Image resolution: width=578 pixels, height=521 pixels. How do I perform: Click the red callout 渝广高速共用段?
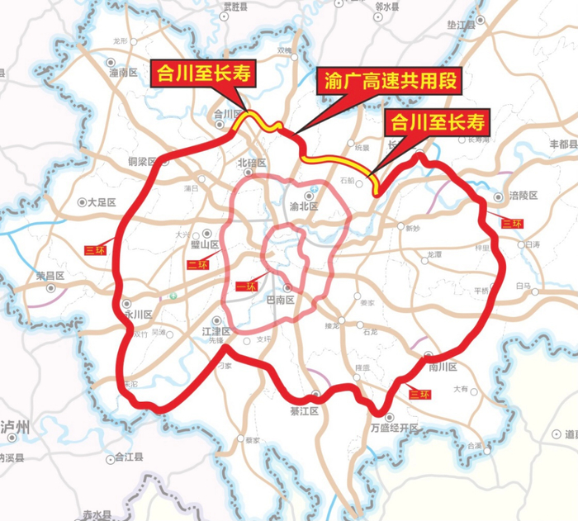(x=387, y=83)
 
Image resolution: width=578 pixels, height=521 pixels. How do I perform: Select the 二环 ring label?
(x=196, y=264)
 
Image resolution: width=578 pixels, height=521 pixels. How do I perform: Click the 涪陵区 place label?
(x=523, y=197)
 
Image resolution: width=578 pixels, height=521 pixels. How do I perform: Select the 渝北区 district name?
(x=304, y=206)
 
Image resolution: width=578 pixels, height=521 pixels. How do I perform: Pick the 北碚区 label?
(x=253, y=163)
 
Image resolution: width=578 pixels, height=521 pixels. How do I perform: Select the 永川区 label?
(x=137, y=315)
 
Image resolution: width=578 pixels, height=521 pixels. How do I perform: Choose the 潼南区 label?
(x=122, y=73)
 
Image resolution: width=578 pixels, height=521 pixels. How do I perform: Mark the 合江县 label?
(x=128, y=456)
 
